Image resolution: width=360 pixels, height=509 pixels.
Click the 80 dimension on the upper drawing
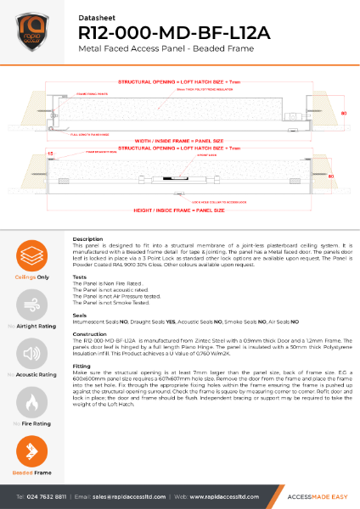(343, 111)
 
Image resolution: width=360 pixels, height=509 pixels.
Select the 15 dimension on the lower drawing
(27, 154)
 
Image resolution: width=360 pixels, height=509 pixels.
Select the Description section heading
(88, 239)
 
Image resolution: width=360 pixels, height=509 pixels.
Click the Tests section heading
(81, 277)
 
